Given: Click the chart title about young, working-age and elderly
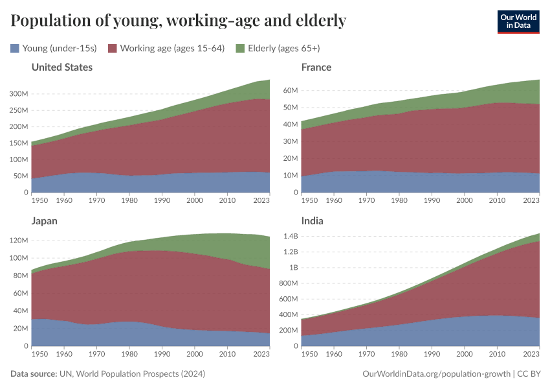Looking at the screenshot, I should (178, 21).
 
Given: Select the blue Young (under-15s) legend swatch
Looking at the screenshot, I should (15, 48).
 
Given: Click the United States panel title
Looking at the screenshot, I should (61, 67).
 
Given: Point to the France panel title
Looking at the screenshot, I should (316, 67).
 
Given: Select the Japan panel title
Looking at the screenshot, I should (44, 220).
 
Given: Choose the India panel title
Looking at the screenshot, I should (313, 220).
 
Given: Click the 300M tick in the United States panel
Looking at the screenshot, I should (19, 93).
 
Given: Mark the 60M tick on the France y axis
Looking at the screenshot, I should (289, 90).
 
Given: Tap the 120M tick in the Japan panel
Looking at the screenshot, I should (19, 241).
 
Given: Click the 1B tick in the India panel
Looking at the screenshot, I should (292, 268).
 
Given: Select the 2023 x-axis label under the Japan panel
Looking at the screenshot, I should (261, 355).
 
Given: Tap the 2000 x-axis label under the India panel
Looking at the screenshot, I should (464, 355).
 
